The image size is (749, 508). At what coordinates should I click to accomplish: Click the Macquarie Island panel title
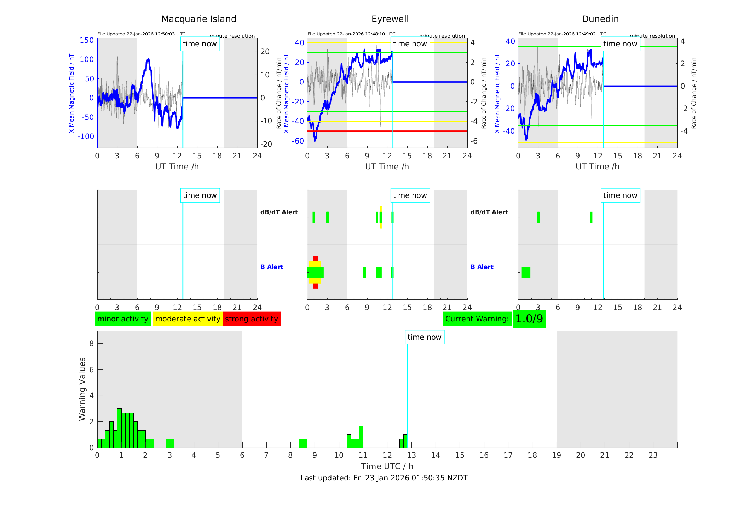[x=198, y=19]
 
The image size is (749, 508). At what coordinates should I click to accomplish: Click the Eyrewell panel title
[x=390, y=19]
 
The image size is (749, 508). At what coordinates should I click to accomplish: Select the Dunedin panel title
[x=600, y=19]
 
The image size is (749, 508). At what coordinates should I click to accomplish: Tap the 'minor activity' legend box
[x=123, y=319]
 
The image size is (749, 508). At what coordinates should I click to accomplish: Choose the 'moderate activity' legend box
[x=188, y=319]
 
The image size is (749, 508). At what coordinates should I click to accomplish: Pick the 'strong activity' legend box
[x=252, y=319]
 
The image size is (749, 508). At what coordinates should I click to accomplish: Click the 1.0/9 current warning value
[x=529, y=319]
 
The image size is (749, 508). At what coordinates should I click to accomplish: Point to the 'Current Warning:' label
[x=477, y=319]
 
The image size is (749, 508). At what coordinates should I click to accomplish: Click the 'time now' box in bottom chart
[x=424, y=337]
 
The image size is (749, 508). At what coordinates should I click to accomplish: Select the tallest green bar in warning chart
[x=119, y=428]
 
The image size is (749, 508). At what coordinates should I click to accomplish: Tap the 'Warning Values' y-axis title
[x=82, y=389]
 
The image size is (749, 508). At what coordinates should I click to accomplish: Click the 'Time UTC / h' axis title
[x=387, y=466]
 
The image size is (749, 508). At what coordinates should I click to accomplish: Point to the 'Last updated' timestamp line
[x=384, y=478]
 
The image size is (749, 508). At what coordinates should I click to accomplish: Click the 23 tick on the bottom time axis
[x=653, y=455]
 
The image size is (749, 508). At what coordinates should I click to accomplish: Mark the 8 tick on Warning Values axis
[x=91, y=343]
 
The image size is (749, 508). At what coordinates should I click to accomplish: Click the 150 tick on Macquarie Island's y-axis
[x=87, y=40]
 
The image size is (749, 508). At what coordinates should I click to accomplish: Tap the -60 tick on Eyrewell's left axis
[x=298, y=141]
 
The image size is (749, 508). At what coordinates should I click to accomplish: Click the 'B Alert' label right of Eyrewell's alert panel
[x=482, y=267]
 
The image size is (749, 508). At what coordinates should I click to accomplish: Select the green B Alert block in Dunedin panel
[x=526, y=272]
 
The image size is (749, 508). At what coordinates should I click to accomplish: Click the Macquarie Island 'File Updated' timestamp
[x=141, y=34]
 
